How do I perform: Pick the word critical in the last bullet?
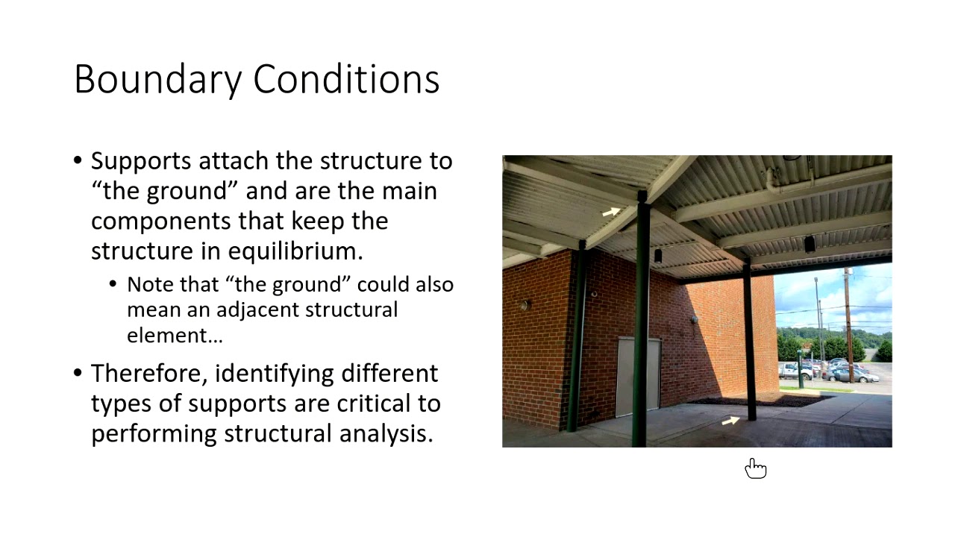337,403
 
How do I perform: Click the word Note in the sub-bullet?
149,285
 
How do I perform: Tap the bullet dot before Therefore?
78,373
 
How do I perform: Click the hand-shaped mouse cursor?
755,468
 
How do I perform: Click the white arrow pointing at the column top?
611,212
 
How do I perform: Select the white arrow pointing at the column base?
730,421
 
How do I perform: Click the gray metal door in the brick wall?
637,377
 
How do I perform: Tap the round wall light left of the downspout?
525,305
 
